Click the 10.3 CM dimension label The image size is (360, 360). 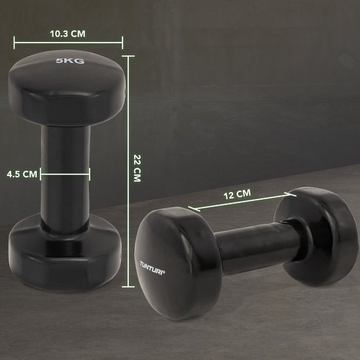click(67, 32)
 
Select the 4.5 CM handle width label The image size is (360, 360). click(22, 174)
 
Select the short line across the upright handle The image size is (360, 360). click(65, 174)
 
